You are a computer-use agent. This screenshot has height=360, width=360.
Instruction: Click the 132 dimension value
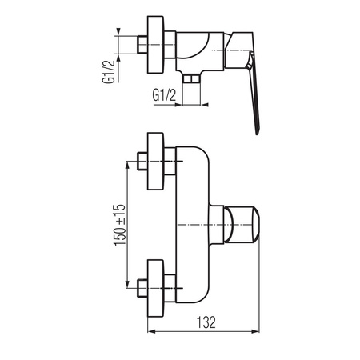(x=206, y=322)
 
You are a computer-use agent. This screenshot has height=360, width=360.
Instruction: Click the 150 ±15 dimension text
(x=120, y=225)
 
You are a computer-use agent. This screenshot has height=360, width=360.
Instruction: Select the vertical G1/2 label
(x=109, y=71)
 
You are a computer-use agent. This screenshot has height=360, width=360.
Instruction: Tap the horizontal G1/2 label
(x=164, y=95)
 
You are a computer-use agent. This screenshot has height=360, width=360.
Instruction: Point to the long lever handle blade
(x=254, y=94)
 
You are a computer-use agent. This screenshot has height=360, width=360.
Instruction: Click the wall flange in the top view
(x=155, y=45)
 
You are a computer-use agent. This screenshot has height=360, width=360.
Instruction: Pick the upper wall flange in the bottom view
(x=155, y=162)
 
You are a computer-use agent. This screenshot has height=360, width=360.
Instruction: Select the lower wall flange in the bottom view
(x=155, y=289)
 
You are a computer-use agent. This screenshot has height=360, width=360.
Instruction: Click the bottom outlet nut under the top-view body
(x=191, y=78)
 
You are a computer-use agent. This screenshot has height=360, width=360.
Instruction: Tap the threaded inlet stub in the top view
(x=142, y=44)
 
